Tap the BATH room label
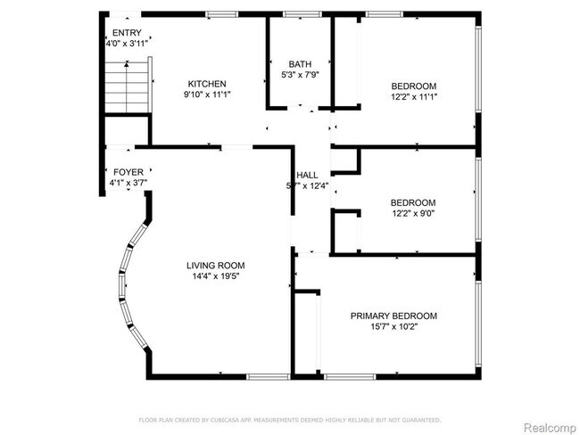click(300, 64)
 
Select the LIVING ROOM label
click(215, 265)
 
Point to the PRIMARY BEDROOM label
click(394, 316)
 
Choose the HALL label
click(307, 175)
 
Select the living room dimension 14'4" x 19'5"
click(215, 276)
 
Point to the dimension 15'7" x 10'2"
click(394, 327)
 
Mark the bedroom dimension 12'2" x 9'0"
click(413, 214)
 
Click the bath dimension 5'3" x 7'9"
click(300, 76)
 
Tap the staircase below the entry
click(126, 86)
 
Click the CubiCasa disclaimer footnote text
click(290, 419)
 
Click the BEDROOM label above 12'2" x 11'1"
click(413, 86)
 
